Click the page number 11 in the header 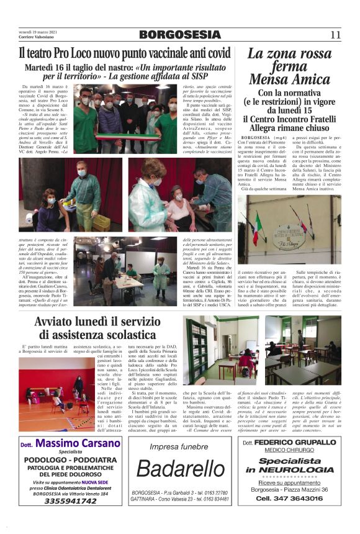tap(336, 35)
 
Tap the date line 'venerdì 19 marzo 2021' tap(39, 31)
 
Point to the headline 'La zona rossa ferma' tap(289, 60)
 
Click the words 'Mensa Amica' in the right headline tap(289, 79)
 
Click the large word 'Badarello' tap(186, 469)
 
